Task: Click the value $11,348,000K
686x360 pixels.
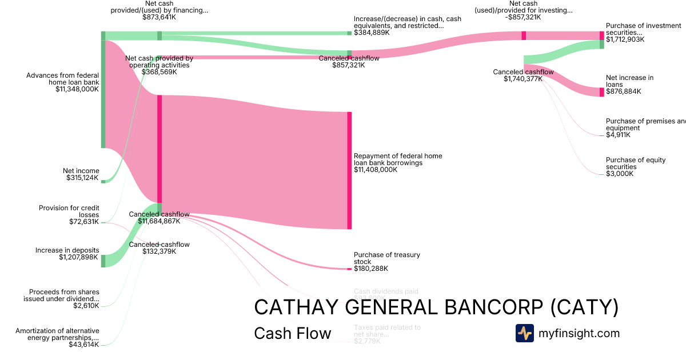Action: (x=77, y=89)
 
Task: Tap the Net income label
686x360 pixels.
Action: (x=81, y=171)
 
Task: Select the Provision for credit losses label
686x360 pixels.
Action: (x=69, y=211)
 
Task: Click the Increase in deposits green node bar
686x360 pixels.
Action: (x=103, y=261)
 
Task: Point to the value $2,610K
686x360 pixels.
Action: (x=86, y=306)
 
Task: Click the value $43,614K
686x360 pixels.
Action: (x=83, y=345)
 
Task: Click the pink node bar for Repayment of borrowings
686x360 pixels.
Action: (x=349, y=170)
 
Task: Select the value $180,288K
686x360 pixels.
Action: (x=371, y=269)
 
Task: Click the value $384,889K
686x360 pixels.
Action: (x=372, y=33)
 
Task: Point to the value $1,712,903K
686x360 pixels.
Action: (x=625, y=39)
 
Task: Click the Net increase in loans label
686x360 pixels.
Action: (x=629, y=81)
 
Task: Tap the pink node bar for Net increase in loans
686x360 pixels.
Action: (x=601, y=92)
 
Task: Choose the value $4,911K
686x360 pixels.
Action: (x=618, y=135)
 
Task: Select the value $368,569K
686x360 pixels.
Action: (x=159, y=72)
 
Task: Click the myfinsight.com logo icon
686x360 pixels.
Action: (x=524, y=333)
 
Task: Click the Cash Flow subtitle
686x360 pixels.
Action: (x=292, y=334)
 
